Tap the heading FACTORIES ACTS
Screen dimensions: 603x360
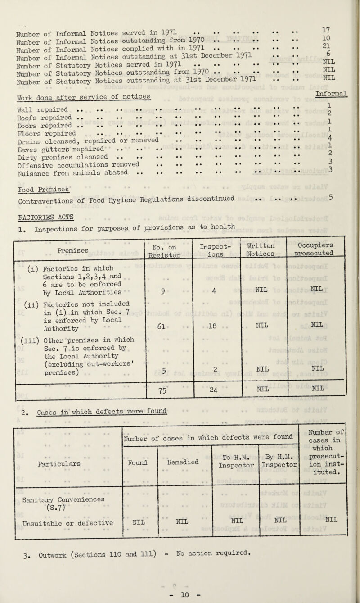point(34,217)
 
